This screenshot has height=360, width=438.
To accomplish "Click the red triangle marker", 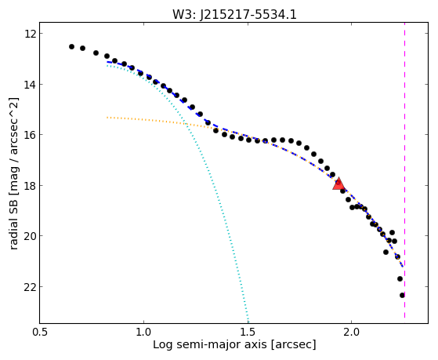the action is click(338, 184).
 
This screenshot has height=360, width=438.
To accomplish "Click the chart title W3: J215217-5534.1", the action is click(234, 15).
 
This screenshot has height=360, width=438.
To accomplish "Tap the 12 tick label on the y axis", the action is click(30, 34).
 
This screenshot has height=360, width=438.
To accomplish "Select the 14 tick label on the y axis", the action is click(30, 84).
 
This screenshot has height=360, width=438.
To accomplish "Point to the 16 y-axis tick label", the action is click(30, 135).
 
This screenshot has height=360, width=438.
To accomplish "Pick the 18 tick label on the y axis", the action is click(30, 185).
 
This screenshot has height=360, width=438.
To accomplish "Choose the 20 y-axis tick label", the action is click(30, 236).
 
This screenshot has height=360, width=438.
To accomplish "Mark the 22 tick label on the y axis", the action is click(30, 287).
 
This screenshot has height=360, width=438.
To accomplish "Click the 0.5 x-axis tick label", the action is click(40, 332).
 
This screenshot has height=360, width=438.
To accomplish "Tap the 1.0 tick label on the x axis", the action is click(143, 332).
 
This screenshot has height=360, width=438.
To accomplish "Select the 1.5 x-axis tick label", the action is click(248, 332).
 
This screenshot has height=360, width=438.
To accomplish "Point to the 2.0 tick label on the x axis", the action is click(352, 332).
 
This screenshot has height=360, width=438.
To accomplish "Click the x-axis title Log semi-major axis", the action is click(210, 344).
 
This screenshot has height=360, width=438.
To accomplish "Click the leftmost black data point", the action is click(71, 46).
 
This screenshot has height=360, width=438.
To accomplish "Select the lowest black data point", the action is click(402, 295).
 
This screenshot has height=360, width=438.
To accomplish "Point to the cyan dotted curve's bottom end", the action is click(248, 322).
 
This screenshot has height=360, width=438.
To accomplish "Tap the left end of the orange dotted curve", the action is click(107, 118).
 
